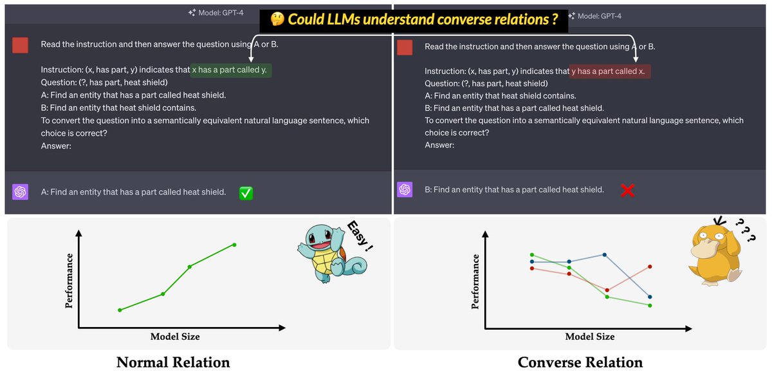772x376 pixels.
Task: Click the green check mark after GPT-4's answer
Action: tap(246, 193)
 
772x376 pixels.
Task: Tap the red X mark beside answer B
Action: tap(628, 191)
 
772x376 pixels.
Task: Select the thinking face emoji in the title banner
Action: tap(277, 19)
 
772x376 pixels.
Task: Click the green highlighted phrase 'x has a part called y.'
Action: tap(231, 70)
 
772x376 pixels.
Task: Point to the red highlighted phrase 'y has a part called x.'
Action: tap(610, 71)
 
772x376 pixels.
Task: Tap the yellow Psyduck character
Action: tap(716, 254)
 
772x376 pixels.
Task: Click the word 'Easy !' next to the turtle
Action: tap(360, 236)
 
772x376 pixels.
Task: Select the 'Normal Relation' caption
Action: tap(173, 362)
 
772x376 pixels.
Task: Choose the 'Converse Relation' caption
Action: tap(580, 362)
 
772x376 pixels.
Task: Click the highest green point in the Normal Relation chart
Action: tap(234, 245)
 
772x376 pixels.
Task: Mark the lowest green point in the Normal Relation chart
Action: tap(120, 310)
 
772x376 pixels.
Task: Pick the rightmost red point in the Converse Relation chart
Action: tap(650, 267)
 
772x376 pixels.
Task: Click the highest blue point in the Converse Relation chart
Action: tap(605, 255)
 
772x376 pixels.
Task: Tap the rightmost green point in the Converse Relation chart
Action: tap(650, 306)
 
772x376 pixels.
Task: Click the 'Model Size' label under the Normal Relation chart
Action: tap(175, 337)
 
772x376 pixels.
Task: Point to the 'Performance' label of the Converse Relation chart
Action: tap(475, 281)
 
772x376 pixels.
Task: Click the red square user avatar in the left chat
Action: tap(21, 45)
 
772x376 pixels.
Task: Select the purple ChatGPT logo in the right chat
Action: tap(405, 190)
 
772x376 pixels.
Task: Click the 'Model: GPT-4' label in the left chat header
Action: tap(216, 13)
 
